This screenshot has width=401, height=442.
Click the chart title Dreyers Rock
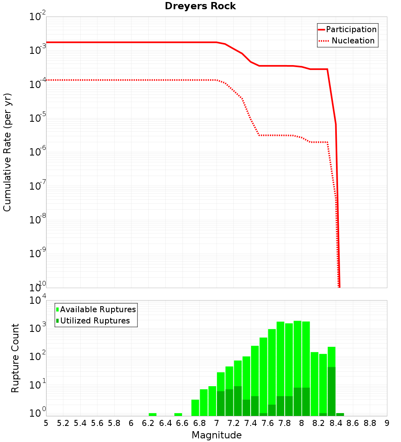(x=200, y=6)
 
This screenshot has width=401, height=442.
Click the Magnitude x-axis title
(x=217, y=435)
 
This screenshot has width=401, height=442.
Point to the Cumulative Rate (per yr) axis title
(x=7, y=152)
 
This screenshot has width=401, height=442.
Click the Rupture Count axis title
(x=15, y=358)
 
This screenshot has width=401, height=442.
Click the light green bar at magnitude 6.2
(x=152, y=414)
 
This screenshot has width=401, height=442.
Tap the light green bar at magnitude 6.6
(x=178, y=414)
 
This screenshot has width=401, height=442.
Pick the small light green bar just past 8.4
(x=340, y=414)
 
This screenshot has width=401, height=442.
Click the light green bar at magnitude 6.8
(x=204, y=402)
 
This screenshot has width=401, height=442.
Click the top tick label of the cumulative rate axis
(x=38, y=17)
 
